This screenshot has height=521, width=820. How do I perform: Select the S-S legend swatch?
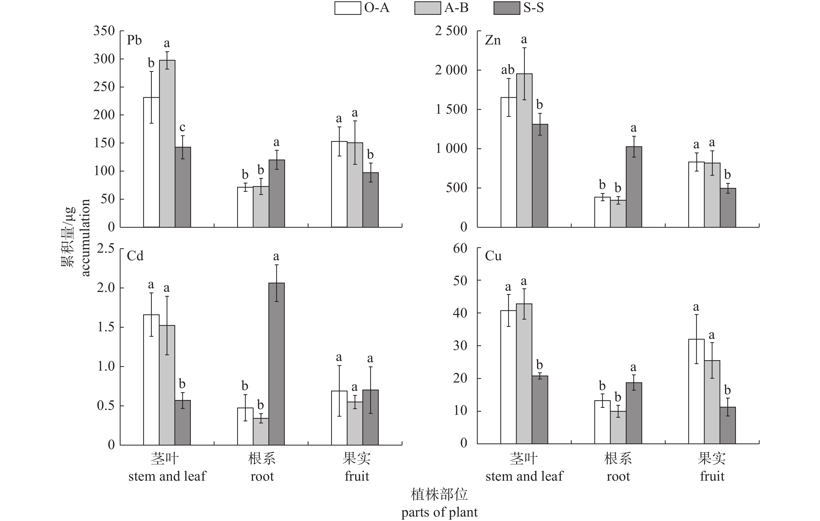(507, 8)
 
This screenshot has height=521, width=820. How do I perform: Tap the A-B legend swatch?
(427, 8)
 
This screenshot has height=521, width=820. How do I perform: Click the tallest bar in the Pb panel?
(167, 143)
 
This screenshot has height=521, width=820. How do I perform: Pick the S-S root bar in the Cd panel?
(276, 364)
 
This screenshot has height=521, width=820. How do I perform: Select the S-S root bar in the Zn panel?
(634, 187)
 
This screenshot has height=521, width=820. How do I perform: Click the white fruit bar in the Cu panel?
(696, 391)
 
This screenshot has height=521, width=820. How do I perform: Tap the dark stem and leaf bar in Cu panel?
(540, 410)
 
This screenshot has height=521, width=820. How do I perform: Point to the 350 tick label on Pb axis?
(104, 31)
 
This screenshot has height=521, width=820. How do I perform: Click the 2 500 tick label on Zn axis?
(451, 31)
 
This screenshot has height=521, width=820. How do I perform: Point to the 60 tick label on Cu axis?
(460, 249)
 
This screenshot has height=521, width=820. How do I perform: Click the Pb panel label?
(134, 41)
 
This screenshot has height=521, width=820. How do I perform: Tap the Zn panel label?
(493, 41)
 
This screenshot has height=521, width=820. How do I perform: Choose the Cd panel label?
(135, 256)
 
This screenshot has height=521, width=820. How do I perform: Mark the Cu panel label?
(493, 256)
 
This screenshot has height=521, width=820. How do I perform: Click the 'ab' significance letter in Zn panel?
(507, 70)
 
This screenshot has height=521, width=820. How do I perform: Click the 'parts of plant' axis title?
(439, 512)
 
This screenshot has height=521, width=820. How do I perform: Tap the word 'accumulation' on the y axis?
(85, 238)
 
